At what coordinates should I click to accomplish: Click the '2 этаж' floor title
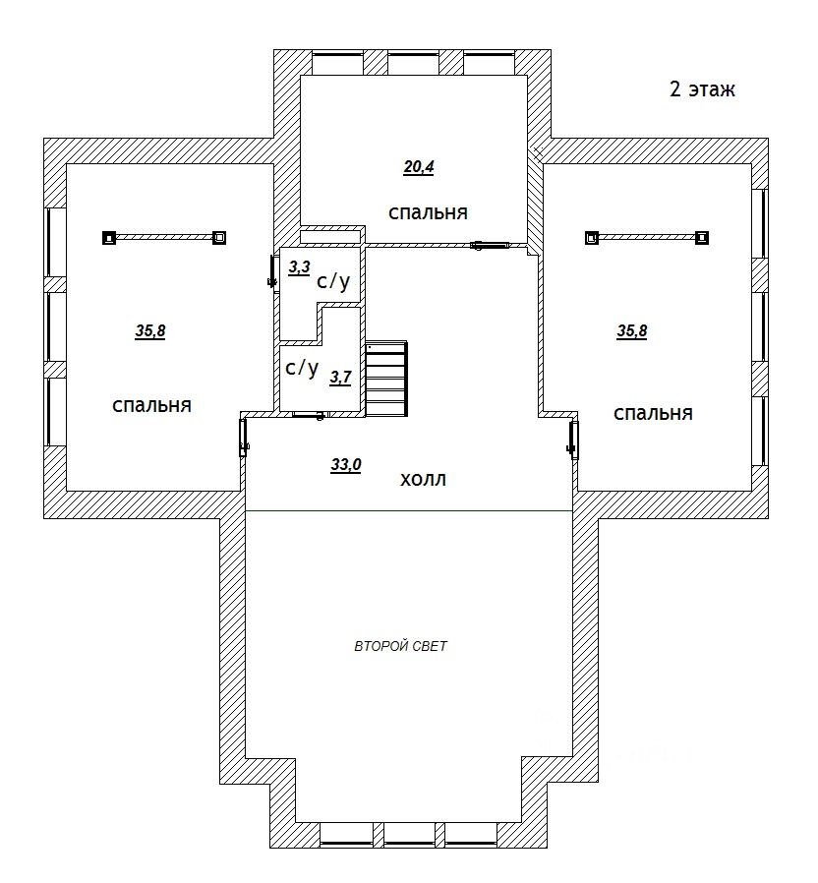[702, 89]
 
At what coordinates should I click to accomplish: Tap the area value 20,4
[418, 167]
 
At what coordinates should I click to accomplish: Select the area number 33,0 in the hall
[346, 465]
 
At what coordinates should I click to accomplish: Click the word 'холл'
[423, 480]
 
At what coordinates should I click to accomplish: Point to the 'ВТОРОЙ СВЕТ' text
[400, 646]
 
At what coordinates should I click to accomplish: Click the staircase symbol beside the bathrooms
[386, 379]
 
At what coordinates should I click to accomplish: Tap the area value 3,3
[299, 267]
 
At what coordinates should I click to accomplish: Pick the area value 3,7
[340, 378]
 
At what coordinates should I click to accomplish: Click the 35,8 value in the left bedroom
[150, 331]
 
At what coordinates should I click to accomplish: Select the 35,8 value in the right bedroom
[631, 331]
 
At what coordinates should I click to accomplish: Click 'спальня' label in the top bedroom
[428, 212]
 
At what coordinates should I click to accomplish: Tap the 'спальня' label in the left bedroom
[152, 405]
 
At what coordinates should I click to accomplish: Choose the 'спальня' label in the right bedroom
[653, 414]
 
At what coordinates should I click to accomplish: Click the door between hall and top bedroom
[490, 245]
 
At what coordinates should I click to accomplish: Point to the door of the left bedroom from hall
[244, 438]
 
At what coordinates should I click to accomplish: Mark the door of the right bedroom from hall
[573, 441]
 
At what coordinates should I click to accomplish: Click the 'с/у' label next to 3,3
[333, 280]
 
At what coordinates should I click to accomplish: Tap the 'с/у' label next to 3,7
[302, 368]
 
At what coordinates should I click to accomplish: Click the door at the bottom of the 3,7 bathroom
[309, 415]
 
